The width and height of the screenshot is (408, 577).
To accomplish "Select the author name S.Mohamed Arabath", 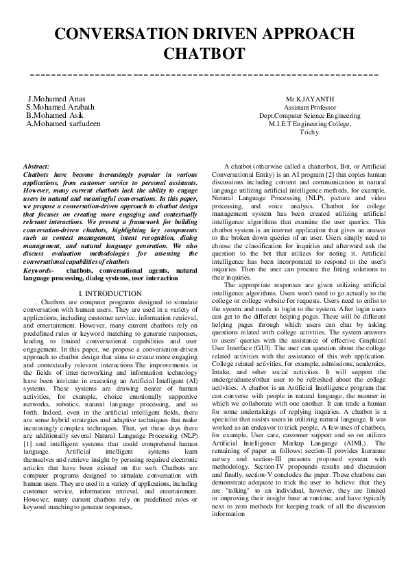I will point(60,107).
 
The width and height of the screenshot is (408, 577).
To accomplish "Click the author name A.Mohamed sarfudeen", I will point(63,124).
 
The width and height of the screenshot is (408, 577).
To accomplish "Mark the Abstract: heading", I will point(36,167).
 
